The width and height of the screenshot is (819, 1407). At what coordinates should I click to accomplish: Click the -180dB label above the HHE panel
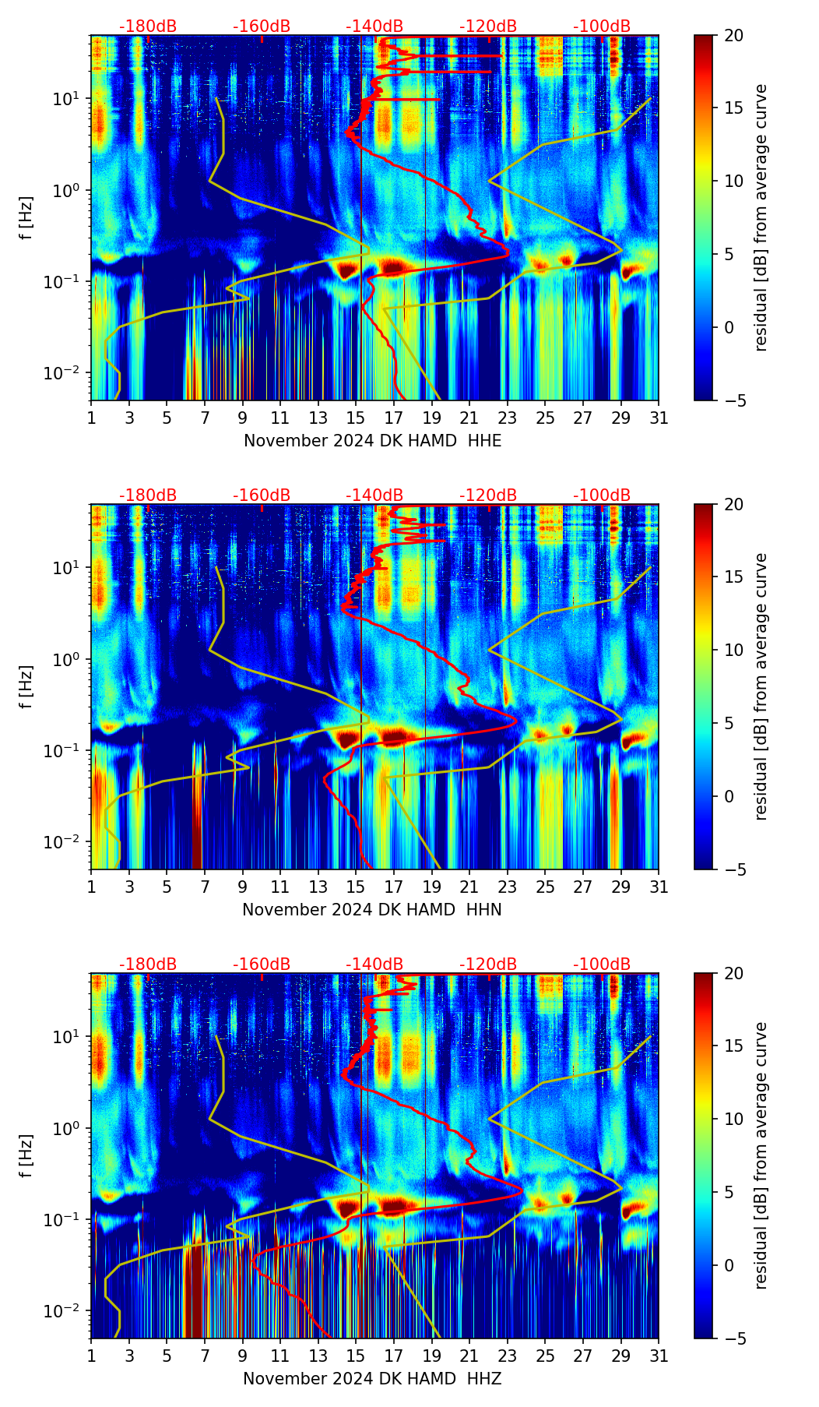(x=148, y=26)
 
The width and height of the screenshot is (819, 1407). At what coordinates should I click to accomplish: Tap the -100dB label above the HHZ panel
(x=602, y=964)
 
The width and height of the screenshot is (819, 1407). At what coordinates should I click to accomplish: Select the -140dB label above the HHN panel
(x=374, y=495)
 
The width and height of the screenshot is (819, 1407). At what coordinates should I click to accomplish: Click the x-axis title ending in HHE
(x=372, y=441)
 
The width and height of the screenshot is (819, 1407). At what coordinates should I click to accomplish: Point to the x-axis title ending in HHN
(x=371, y=910)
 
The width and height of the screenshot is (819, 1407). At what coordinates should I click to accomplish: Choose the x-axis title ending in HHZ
(x=371, y=1379)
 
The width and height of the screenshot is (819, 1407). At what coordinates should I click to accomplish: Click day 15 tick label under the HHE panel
(x=355, y=418)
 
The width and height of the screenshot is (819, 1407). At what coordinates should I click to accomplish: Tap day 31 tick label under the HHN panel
(x=659, y=887)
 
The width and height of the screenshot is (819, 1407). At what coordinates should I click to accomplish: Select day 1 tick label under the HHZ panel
(x=92, y=1356)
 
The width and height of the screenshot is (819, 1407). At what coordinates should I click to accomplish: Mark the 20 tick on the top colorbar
(x=734, y=36)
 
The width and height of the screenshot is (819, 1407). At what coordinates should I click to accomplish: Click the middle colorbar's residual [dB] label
(x=761, y=686)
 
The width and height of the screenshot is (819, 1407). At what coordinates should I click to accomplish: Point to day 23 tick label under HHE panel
(x=507, y=418)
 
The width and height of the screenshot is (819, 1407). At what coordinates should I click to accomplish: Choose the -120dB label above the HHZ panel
(x=488, y=964)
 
